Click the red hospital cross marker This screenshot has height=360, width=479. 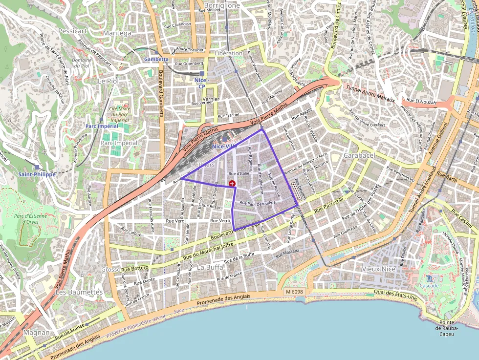[x=232, y=183]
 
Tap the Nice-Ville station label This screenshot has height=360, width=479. [x=224, y=146]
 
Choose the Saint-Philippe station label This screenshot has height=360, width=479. [x=37, y=174]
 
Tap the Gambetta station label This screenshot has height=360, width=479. [x=156, y=59]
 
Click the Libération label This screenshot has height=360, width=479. [x=228, y=53]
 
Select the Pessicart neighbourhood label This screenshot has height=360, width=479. [x=72, y=31]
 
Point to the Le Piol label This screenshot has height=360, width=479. [x=109, y=81]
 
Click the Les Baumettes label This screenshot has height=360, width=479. [x=79, y=292]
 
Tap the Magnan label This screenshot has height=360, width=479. [x=37, y=333]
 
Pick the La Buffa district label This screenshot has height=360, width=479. [x=210, y=267]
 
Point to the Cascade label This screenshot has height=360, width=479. [x=430, y=285]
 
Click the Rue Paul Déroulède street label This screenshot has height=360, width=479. [x=258, y=203]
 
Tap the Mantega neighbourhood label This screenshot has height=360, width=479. [x=117, y=33]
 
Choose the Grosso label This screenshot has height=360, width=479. [x=110, y=269]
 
